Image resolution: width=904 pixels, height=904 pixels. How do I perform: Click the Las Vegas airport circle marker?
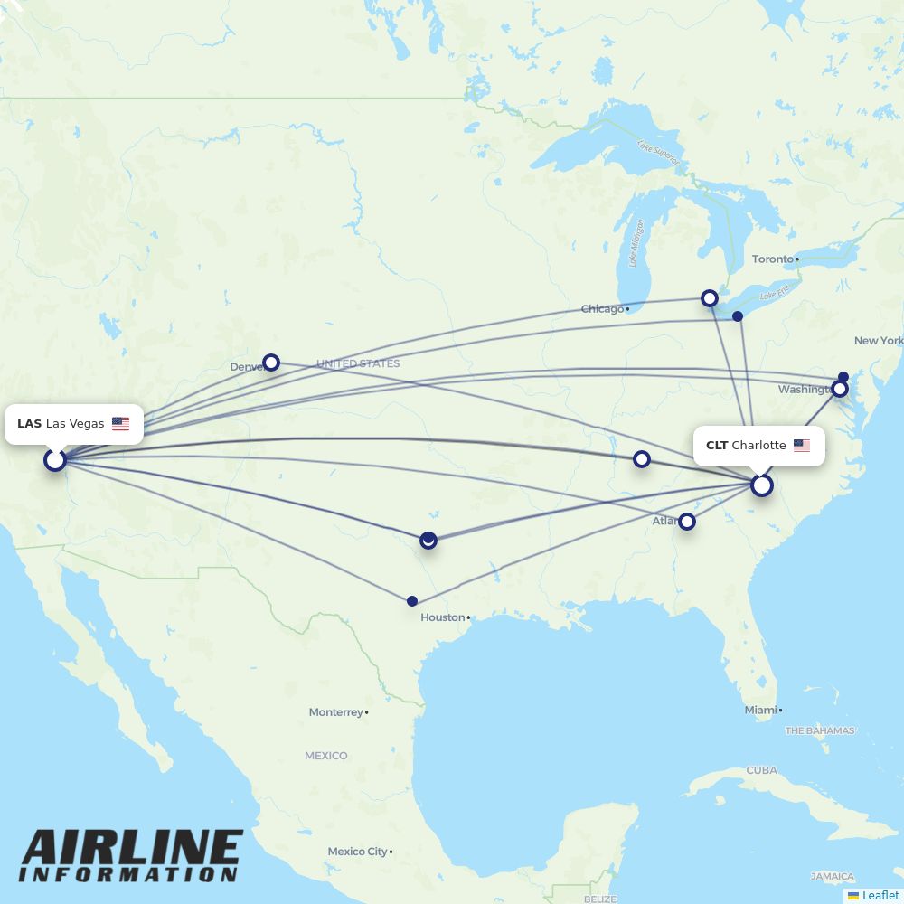point(55,460)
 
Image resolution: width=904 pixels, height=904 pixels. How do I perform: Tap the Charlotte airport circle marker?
point(762,485)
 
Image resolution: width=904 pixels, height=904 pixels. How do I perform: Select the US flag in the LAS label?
point(120,424)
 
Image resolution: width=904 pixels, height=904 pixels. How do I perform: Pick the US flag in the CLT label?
point(802,446)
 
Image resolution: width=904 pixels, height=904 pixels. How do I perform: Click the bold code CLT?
point(717,446)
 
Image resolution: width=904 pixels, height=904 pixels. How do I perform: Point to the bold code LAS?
point(29,424)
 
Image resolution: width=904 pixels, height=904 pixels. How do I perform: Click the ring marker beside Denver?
point(270,363)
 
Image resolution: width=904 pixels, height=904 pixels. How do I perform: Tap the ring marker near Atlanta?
point(687,521)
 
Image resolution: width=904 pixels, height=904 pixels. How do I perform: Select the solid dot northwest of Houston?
point(412,601)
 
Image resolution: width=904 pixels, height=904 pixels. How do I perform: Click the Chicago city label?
point(603,309)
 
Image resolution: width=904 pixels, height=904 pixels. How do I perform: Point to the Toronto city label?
point(773,259)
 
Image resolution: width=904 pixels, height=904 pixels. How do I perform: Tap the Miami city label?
point(760,711)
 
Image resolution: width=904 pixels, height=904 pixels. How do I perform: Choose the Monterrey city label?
point(335,712)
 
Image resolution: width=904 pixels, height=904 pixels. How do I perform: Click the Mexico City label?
point(357,852)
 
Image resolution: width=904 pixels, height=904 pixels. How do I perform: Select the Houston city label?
point(442,617)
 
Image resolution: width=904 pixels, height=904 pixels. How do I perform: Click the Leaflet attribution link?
point(880,895)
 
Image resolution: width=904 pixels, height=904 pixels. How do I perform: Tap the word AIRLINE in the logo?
point(132,849)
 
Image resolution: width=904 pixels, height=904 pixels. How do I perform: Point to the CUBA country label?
point(761,770)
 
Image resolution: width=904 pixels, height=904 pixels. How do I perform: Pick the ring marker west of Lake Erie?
point(710,297)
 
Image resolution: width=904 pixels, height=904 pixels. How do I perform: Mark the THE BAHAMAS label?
point(820,730)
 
